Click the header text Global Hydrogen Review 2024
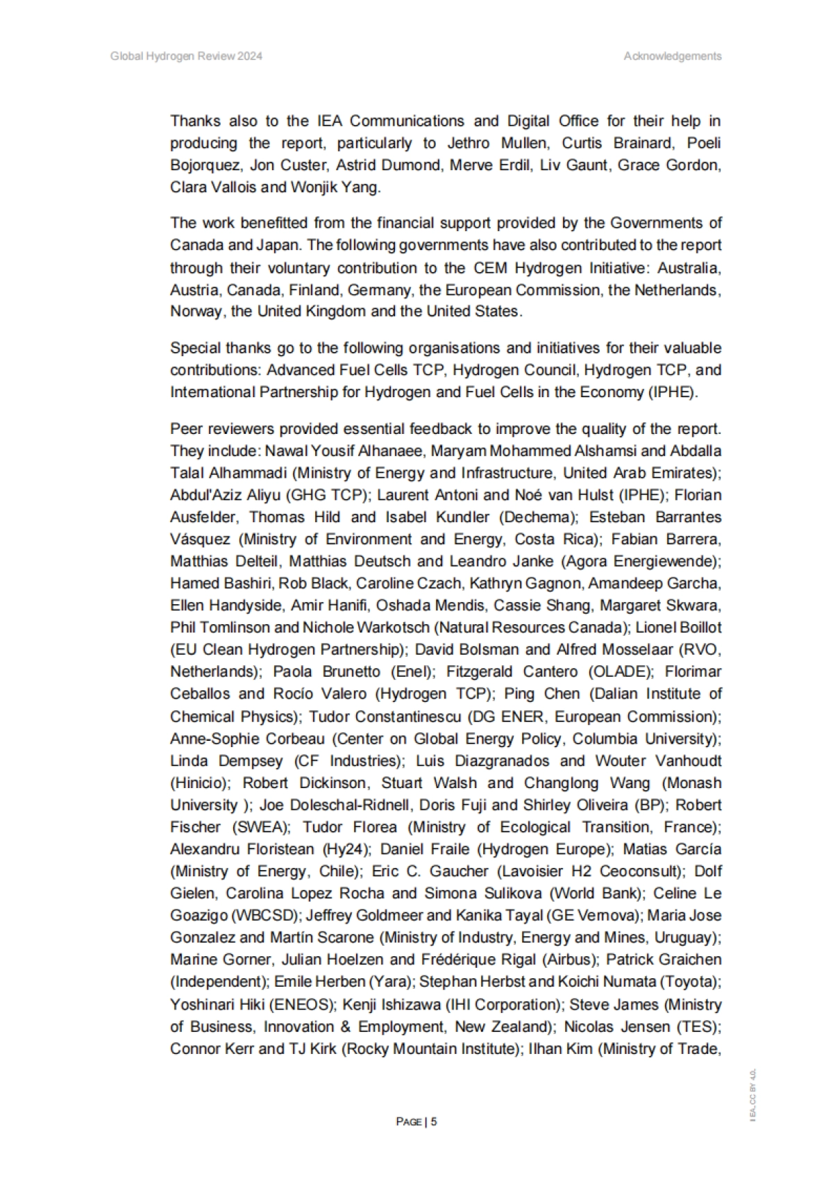click(x=186, y=56)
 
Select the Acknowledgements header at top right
click(x=672, y=56)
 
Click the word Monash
click(x=695, y=783)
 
